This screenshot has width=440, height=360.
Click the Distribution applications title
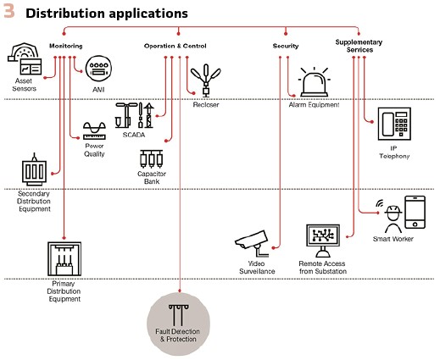[107, 14]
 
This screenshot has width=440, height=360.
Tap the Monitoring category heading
[66, 46]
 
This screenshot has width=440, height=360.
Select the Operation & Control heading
[175, 46]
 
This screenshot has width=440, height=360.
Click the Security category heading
[286, 46]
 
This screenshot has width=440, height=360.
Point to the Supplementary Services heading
[359, 46]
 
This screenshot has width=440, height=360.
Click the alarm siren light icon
[315, 82]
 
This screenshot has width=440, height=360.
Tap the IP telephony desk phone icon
[394, 124]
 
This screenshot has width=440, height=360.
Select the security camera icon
[252, 243]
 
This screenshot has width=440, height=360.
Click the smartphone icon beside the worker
[415, 213]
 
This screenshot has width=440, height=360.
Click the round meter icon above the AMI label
[98, 69]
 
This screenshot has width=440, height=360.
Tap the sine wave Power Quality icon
[94, 130]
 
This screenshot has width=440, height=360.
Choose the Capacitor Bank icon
[151, 159]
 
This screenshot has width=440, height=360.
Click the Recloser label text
[206, 105]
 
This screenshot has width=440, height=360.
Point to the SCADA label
[134, 135]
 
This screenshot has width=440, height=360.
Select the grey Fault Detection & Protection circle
[178, 324]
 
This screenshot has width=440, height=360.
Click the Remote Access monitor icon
[323, 241]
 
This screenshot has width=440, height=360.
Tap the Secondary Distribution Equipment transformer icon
[34, 169]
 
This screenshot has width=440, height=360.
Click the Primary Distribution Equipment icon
[64, 258]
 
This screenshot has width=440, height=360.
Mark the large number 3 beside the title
[8, 12]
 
